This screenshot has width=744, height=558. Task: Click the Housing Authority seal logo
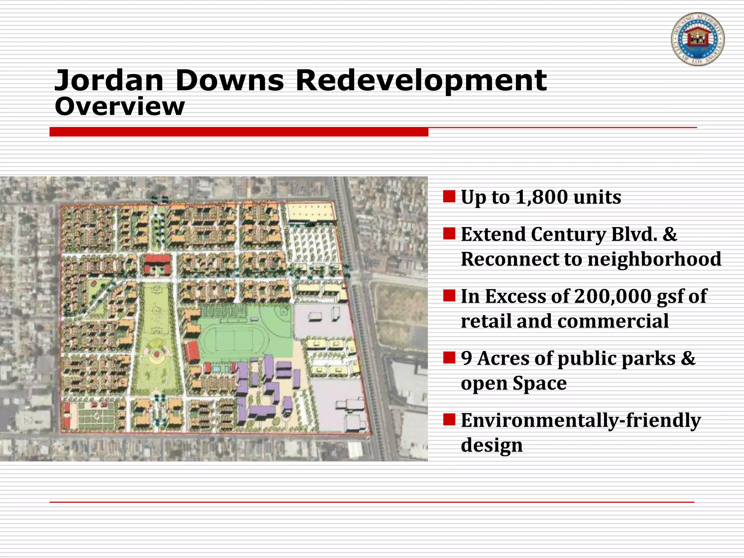pyautogui.click(x=697, y=39)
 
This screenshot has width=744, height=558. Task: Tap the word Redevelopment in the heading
pyautogui.click(x=421, y=80)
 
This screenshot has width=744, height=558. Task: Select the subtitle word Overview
pyautogui.click(x=120, y=107)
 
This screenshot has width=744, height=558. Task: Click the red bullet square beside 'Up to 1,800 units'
pyautogui.click(x=449, y=197)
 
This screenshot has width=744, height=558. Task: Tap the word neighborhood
pyautogui.click(x=654, y=259)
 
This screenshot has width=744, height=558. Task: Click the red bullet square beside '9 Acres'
pyautogui.click(x=449, y=357)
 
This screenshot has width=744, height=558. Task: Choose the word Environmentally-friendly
pyautogui.click(x=581, y=421)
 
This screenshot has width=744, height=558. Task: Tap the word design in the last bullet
pyautogui.click(x=492, y=445)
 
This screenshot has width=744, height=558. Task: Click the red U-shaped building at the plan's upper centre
pyautogui.click(x=158, y=263)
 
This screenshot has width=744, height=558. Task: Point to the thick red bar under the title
pyautogui.click(x=239, y=132)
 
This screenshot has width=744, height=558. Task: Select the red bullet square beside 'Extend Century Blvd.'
pyautogui.click(x=449, y=234)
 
